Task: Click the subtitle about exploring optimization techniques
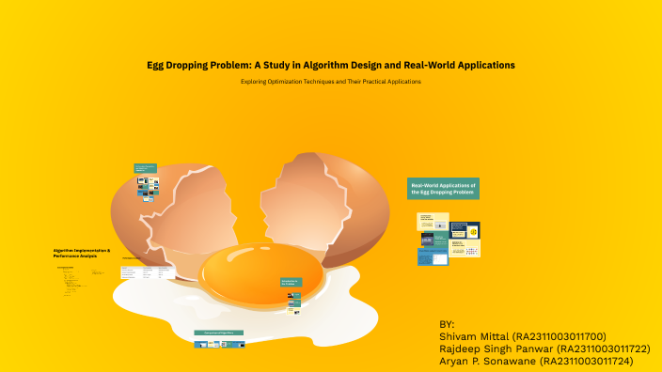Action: click(331, 82)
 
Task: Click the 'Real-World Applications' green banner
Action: click(443, 188)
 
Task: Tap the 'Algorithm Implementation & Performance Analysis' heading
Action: click(82, 253)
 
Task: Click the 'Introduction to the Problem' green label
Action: click(291, 283)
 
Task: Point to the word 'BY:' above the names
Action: click(447, 323)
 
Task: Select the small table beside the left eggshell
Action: click(147, 272)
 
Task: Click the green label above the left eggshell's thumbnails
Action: click(144, 169)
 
